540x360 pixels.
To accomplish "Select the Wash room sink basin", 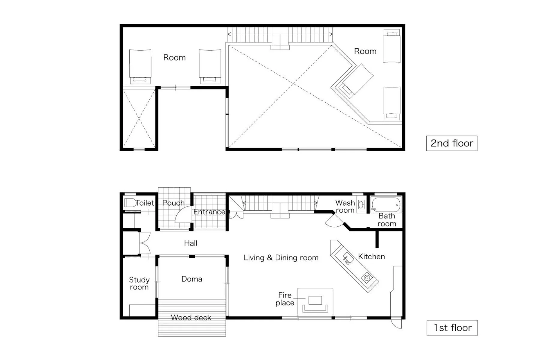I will coord(361,205).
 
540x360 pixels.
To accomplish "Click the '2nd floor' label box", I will coord(451,143).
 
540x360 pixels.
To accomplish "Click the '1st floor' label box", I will coord(452,328).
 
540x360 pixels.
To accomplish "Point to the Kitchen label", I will coord(371,257).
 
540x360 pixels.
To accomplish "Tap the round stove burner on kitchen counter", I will coord(367,278).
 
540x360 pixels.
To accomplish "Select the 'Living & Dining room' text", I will coord(281,258).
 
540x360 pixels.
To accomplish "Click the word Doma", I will coord(192,279).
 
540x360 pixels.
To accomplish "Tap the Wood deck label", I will coord(191,318).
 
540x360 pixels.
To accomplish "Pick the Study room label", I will coord(139,283).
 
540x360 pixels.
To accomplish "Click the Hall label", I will coord(190,243).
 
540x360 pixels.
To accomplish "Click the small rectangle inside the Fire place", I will coord(315,300).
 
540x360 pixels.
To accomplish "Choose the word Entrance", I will coord(209,212).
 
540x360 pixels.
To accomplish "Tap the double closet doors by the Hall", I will coord(145,243).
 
